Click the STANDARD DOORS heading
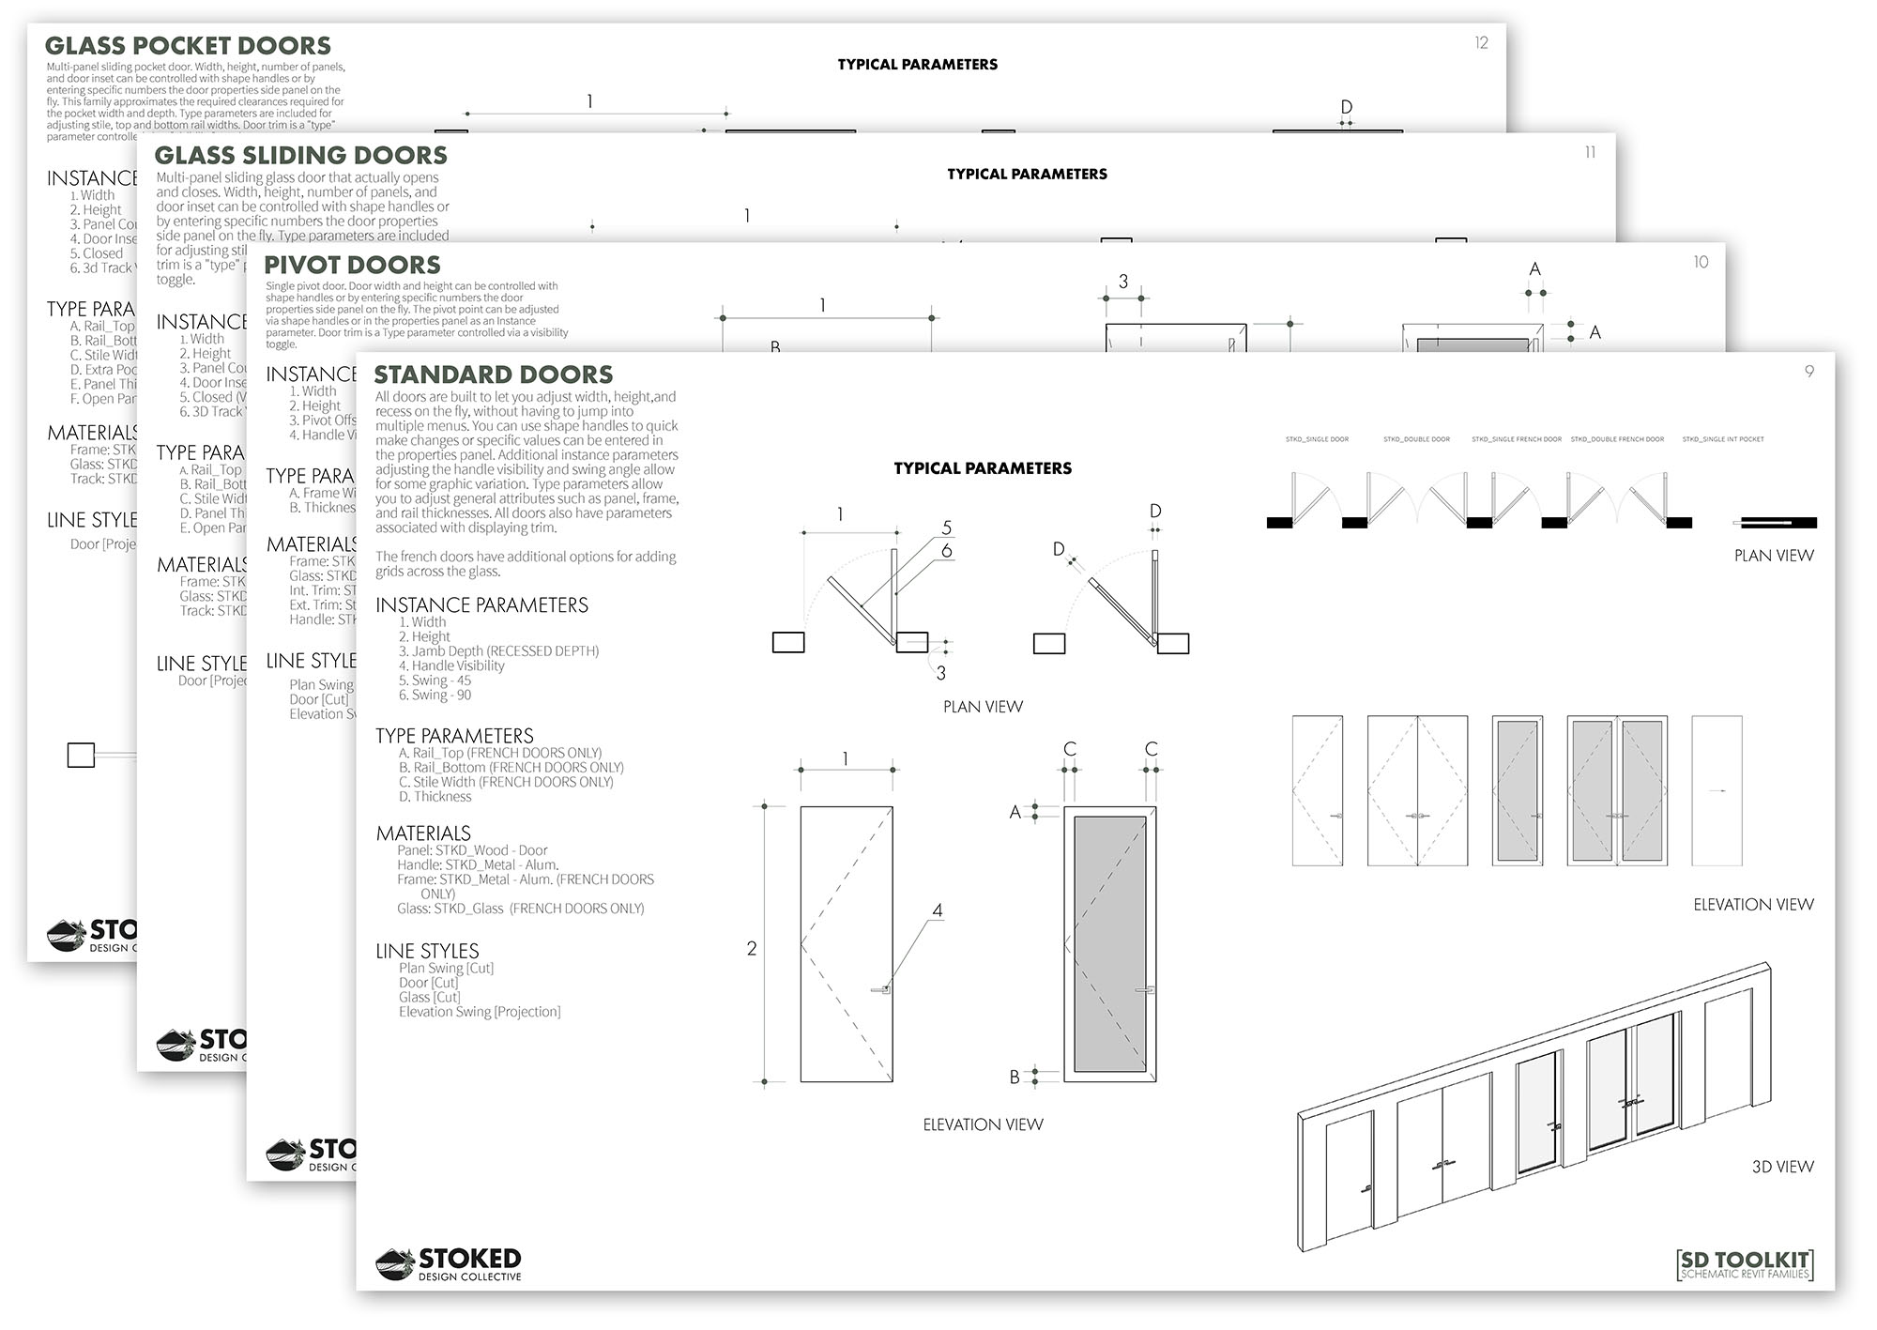click(493, 375)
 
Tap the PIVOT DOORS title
click(352, 266)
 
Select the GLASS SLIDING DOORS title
click(300, 156)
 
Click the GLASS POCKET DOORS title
click(188, 46)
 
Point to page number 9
click(1809, 372)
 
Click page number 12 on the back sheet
click(1481, 43)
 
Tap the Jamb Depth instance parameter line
click(498, 651)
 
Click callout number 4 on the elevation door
click(937, 910)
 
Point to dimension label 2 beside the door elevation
click(751, 949)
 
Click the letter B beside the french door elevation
click(1015, 1078)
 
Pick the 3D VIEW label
click(1782, 1167)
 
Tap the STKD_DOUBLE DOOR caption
click(1416, 439)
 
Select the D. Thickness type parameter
click(435, 797)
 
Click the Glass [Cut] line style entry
click(429, 998)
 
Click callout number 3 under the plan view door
click(940, 673)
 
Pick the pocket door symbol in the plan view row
click(1774, 523)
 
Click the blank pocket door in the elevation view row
click(1716, 790)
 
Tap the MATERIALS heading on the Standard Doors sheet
click(423, 833)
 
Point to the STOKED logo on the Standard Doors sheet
click(449, 1264)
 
